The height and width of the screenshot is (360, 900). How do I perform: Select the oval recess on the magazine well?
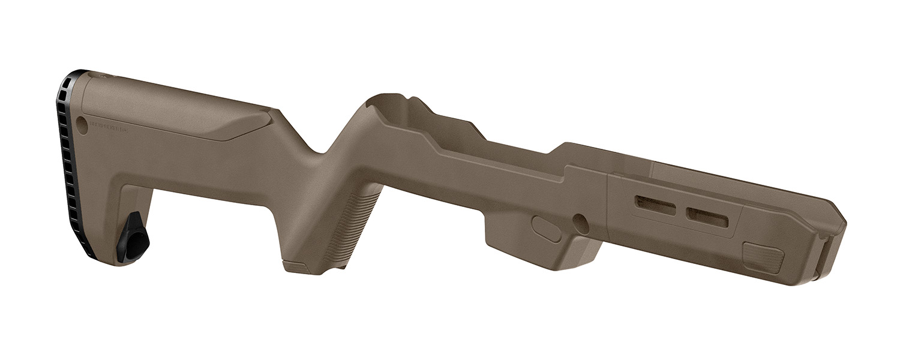[x=547, y=229]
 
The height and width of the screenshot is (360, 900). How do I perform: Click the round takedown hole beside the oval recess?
[x=580, y=223]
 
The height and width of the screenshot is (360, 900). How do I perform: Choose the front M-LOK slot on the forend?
[x=707, y=217]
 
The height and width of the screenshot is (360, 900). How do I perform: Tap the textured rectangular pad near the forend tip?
[x=763, y=257]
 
